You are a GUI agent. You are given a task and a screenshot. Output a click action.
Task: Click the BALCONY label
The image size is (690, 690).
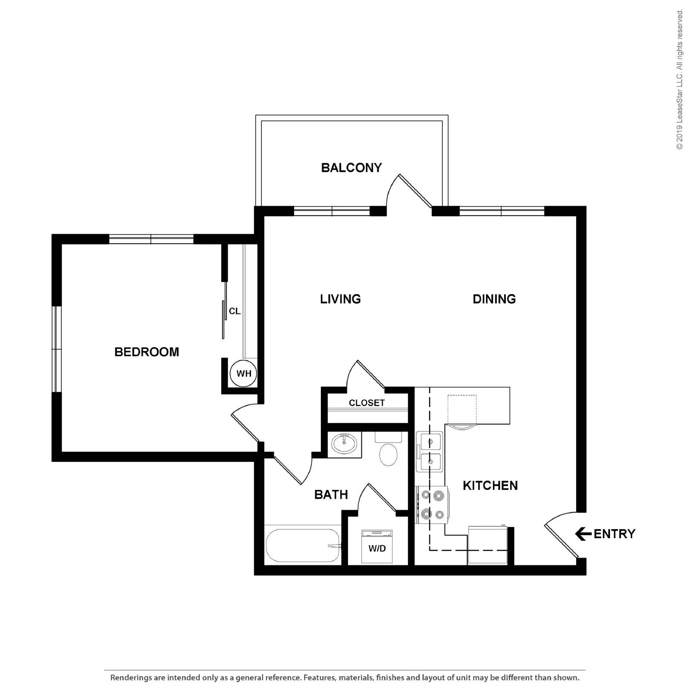pyautogui.click(x=351, y=167)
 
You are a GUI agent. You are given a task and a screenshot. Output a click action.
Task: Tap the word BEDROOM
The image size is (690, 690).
pyautogui.click(x=147, y=352)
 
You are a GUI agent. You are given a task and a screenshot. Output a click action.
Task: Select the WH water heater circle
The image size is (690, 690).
pyautogui.click(x=244, y=373)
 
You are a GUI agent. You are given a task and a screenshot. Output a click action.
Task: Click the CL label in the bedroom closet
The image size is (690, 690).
pyautogui.click(x=235, y=311)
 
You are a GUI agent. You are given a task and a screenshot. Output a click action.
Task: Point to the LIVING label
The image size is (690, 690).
pyautogui.click(x=340, y=299)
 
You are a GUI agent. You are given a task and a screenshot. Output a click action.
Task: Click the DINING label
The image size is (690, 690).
pyautogui.click(x=494, y=299)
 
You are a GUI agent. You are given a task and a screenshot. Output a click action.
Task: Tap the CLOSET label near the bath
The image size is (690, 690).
pyautogui.click(x=367, y=403)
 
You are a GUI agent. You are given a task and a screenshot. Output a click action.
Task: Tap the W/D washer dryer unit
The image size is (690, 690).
pyautogui.click(x=377, y=547)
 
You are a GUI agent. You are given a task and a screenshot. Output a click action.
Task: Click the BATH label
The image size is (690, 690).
pyautogui.click(x=331, y=494)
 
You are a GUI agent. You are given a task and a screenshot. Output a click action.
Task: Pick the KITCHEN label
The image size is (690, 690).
pyautogui.click(x=490, y=486)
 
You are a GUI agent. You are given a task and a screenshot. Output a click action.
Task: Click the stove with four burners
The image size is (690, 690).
pyautogui.click(x=432, y=505)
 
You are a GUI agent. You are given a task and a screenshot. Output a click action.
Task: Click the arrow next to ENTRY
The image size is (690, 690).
pyautogui.click(x=583, y=534)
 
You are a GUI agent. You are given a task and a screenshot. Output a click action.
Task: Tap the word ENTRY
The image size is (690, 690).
pyautogui.click(x=615, y=534)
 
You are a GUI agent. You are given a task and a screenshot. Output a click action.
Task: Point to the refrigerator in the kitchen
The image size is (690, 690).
pyautogui.click(x=487, y=545)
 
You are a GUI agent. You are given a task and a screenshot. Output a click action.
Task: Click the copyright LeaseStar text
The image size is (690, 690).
pyautogui.click(x=680, y=80)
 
